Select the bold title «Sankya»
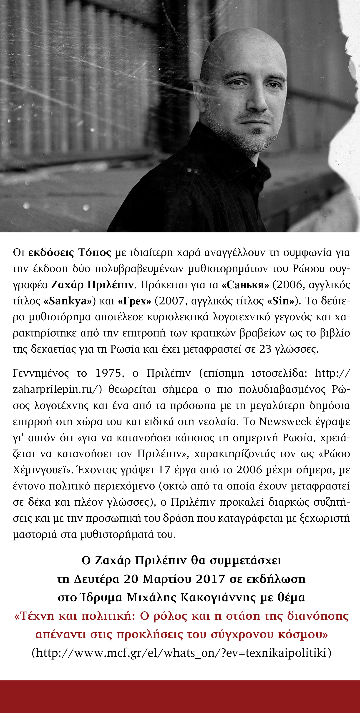coord(68,301)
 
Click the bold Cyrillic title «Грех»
coord(135,301)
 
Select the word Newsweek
coord(285,422)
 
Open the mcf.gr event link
coord(182,653)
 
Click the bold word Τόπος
coord(95,252)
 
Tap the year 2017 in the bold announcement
coord(210,579)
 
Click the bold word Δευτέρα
coord(96,579)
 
